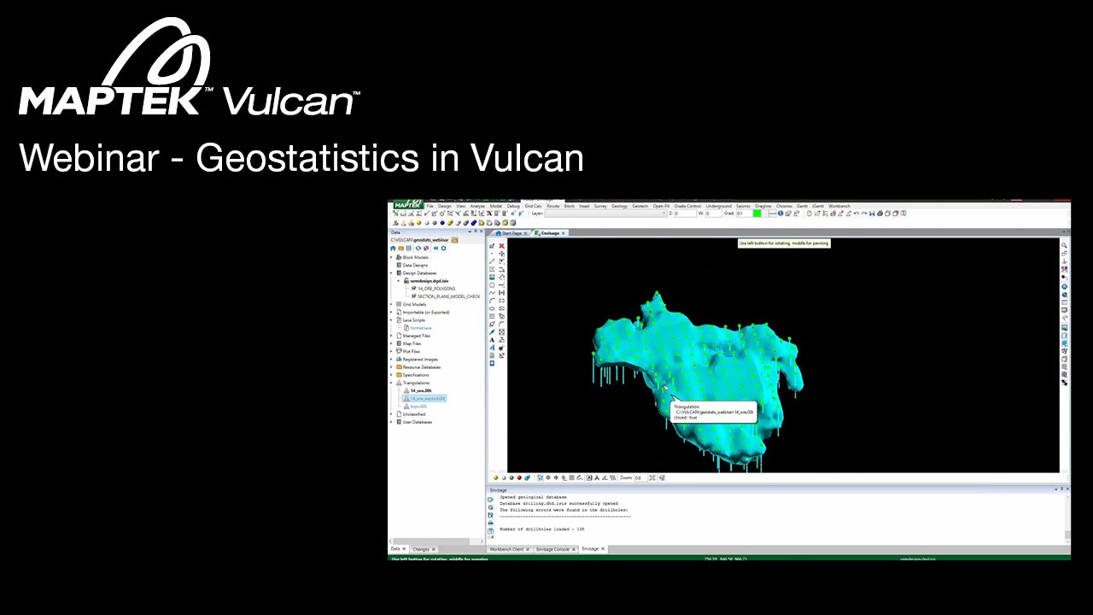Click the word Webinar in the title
(x=89, y=158)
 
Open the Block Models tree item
(x=415, y=257)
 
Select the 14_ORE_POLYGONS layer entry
(x=436, y=289)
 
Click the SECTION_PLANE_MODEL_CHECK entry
(x=448, y=296)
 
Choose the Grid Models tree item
(x=414, y=304)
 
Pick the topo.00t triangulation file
(x=418, y=407)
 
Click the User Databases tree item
(x=418, y=422)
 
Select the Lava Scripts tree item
(x=415, y=320)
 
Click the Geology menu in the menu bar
(x=619, y=206)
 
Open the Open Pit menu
(x=661, y=206)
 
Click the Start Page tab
(x=511, y=233)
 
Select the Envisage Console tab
(x=552, y=549)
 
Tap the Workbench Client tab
(x=506, y=549)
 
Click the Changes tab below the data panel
(x=421, y=549)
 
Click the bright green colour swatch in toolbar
(x=757, y=214)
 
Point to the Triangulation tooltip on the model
(x=714, y=412)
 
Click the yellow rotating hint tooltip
(x=784, y=243)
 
